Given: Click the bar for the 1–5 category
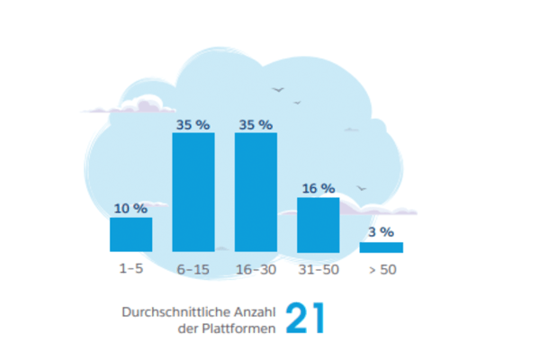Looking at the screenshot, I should [x=130, y=234].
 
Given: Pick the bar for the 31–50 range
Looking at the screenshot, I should [x=318, y=224].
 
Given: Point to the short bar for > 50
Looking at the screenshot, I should [x=381, y=247].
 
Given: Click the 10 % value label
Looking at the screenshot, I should [x=130, y=208].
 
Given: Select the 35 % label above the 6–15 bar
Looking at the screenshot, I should [x=193, y=124].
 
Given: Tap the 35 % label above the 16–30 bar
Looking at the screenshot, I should [x=256, y=124].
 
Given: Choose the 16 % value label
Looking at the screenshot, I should [x=318, y=188].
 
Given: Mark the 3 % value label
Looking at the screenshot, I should [x=381, y=232].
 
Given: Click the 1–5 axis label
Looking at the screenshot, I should [x=130, y=269].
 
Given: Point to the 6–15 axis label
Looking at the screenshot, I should [x=193, y=269].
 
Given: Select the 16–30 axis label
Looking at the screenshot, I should [x=256, y=269].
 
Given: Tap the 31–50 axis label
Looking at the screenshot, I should [x=318, y=269].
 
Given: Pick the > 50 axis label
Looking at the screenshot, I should [x=381, y=269].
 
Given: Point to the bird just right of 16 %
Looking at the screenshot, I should [x=362, y=189].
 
